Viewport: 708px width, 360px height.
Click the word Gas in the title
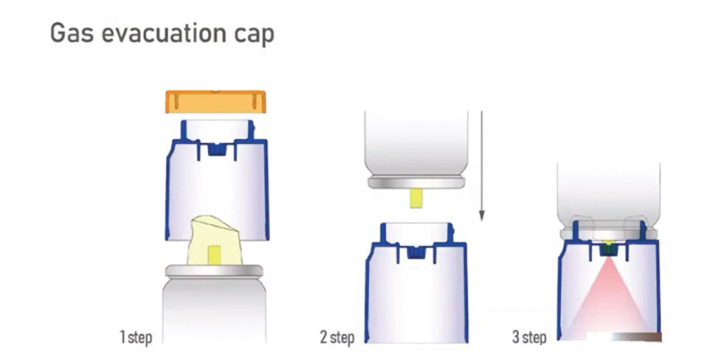point(73,33)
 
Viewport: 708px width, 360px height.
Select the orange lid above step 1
point(216,102)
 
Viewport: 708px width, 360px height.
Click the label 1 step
point(136,337)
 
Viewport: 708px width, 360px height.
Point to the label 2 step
point(337,337)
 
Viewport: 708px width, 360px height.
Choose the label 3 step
point(529,337)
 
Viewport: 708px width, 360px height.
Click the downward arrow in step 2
point(481,165)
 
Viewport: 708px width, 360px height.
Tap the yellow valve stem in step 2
point(416,198)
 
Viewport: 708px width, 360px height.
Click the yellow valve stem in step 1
point(214,255)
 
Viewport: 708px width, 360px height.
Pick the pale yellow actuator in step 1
point(214,240)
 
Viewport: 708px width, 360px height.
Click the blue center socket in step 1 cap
point(216,149)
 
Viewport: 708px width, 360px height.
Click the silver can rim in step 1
point(214,271)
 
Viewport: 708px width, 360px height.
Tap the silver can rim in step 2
point(416,183)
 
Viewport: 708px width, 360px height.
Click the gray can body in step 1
point(214,310)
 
